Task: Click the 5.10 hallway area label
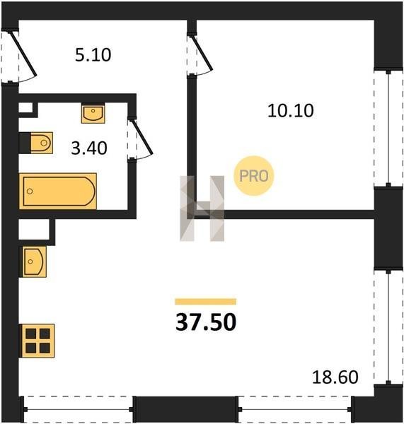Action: tap(93, 55)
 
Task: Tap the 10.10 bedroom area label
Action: tap(291, 111)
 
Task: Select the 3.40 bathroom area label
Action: tap(89, 148)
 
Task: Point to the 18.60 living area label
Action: tap(335, 377)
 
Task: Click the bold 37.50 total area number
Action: tap(206, 322)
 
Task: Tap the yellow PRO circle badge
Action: tap(254, 176)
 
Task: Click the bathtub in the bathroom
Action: tap(58, 192)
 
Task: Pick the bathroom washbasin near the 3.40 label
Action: tap(93, 114)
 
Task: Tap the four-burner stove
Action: tap(37, 341)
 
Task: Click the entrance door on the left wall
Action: tap(19, 57)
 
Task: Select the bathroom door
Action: tap(141, 139)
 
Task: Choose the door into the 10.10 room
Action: tap(200, 54)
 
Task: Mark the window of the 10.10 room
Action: tap(388, 129)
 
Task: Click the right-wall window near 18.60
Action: tap(388, 326)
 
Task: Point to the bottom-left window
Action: tap(78, 410)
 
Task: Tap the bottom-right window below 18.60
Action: tap(294, 410)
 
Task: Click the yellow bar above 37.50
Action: tap(205, 302)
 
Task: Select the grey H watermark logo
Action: tap(202, 208)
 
